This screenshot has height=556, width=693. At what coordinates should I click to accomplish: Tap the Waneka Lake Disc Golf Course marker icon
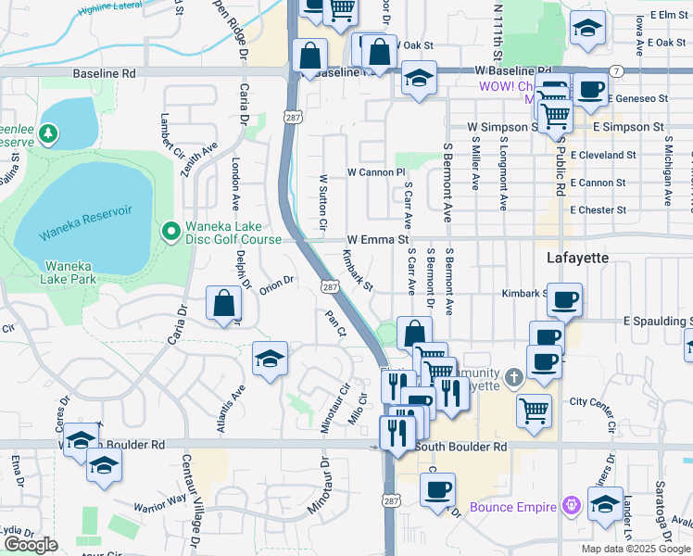(x=170, y=230)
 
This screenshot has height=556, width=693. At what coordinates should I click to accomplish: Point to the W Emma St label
(x=378, y=239)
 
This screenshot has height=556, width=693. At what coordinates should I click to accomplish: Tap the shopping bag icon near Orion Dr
(x=224, y=303)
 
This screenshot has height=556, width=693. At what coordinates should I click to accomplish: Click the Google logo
(x=31, y=546)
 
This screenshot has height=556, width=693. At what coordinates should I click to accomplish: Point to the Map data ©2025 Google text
(x=635, y=549)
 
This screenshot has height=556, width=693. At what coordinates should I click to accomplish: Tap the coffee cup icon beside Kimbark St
(x=564, y=299)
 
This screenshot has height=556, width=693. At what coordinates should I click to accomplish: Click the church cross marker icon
(x=515, y=377)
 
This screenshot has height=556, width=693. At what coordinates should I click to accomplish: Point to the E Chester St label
(x=604, y=209)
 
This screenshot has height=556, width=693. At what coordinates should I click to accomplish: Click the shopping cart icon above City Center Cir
(x=535, y=410)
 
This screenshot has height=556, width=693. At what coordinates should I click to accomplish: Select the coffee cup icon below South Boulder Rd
(x=437, y=488)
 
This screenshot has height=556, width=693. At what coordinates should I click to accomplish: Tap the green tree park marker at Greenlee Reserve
(x=46, y=135)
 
